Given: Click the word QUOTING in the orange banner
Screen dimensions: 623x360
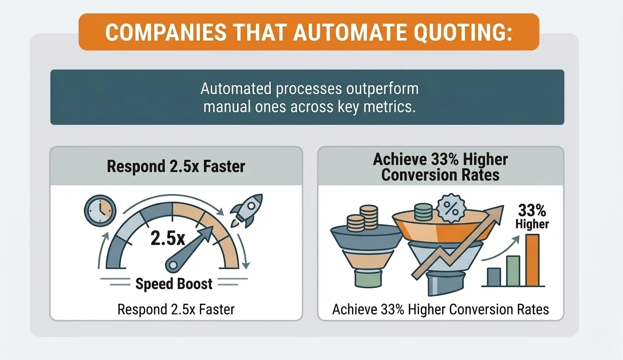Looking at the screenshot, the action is (463, 33).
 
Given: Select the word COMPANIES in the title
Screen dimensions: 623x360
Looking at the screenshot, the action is (166, 33).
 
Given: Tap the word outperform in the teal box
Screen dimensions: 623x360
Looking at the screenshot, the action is (382, 89).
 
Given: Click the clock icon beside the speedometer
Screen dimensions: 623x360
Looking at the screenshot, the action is (100, 211).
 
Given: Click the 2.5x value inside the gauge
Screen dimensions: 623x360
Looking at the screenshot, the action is (168, 238).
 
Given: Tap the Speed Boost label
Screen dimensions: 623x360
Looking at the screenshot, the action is (174, 284).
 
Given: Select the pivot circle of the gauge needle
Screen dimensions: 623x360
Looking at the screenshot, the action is (173, 265).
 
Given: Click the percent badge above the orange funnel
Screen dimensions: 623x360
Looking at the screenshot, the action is (451, 208).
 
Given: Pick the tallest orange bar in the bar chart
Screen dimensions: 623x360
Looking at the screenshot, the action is (532, 260).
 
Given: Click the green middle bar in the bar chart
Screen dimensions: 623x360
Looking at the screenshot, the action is (513, 271).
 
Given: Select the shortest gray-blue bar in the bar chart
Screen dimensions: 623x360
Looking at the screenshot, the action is (494, 277).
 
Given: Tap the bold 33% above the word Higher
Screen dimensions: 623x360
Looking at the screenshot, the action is (532, 210).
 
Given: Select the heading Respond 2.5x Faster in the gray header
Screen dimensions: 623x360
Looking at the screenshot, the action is (176, 166).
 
